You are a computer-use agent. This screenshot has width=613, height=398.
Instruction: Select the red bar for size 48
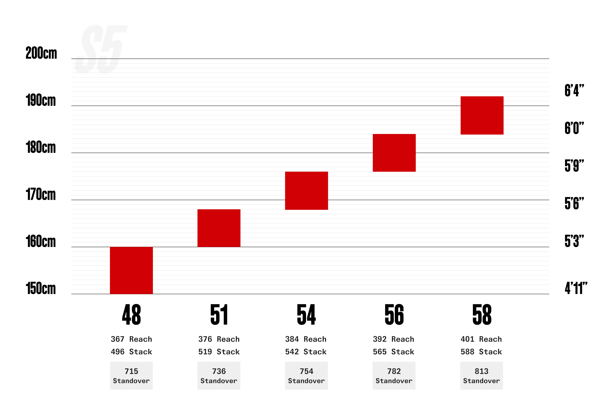[x=131, y=270]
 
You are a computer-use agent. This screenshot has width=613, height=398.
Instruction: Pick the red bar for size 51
[x=219, y=228]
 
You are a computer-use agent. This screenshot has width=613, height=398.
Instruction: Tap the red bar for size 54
[x=306, y=190]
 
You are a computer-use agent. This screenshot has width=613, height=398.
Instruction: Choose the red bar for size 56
[x=394, y=153]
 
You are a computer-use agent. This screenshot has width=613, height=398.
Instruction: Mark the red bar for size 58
[x=482, y=115]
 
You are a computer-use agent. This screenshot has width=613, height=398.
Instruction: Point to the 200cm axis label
[x=41, y=53]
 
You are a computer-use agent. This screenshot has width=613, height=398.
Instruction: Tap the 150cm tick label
[x=41, y=288]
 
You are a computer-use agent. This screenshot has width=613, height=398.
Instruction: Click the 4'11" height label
[x=576, y=288]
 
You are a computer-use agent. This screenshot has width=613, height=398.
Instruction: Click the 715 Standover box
[x=131, y=375]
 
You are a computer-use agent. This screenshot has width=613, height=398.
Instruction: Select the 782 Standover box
[x=394, y=375]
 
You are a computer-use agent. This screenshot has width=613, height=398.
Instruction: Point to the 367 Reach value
[x=131, y=339]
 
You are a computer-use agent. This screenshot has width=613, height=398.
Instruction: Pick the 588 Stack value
[x=481, y=352]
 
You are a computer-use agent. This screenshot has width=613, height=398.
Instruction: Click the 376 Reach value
[x=219, y=339]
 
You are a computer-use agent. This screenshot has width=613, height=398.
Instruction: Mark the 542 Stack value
[x=306, y=352]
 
